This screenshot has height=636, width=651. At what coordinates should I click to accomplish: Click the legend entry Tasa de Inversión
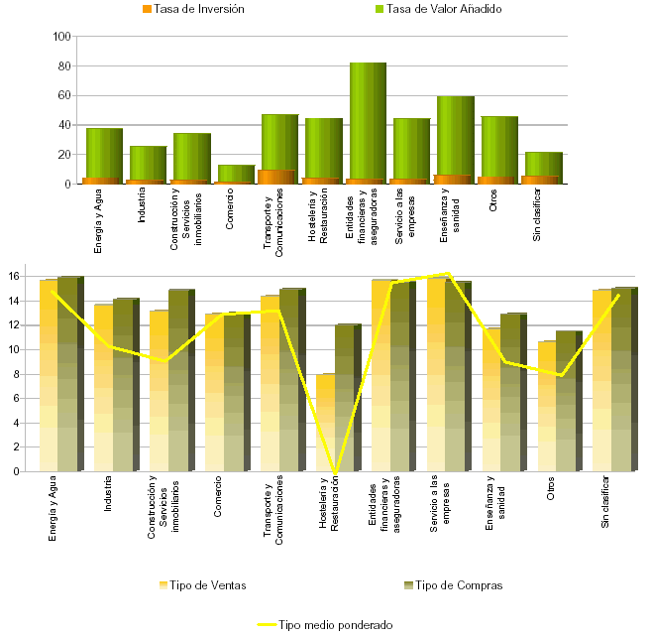[199, 9]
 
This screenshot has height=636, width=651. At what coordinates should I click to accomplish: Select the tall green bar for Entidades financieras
[368, 119]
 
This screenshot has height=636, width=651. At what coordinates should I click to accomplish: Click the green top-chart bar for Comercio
[236, 173]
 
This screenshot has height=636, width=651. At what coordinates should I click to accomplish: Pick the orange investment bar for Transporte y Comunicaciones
[277, 178]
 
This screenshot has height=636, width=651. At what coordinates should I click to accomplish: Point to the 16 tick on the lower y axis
[14, 276]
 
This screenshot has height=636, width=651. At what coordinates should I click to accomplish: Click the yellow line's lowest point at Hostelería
[336, 471]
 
